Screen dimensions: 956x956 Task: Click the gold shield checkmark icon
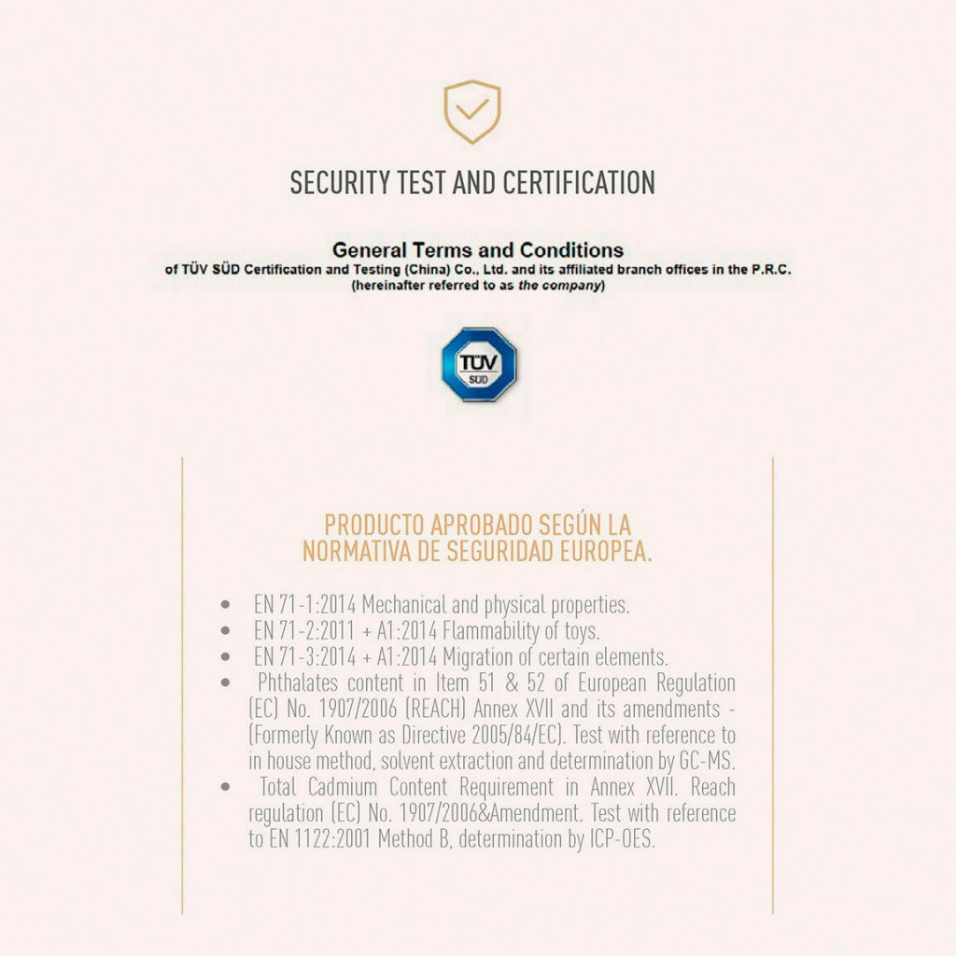(x=471, y=112)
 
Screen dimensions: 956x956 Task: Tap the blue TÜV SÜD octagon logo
(x=479, y=364)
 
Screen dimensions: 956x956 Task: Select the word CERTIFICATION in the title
(x=579, y=182)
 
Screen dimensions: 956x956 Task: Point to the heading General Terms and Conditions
(x=478, y=250)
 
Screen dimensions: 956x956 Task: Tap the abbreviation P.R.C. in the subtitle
(x=769, y=269)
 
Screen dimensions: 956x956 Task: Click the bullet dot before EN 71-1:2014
(x=226, y=604)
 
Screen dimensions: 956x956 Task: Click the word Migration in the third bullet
(x=480, y=656)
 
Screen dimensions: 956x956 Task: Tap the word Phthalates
(x=298, y=682)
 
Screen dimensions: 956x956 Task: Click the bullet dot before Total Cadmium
(x=226, y=787)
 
